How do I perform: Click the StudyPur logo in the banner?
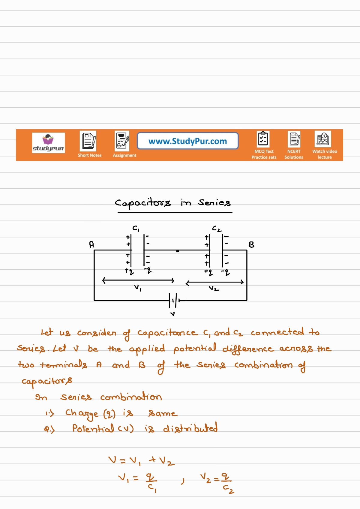(x=48, y=143)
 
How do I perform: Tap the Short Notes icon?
(x=88, y=140)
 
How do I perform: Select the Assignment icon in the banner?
(x=122, y=140)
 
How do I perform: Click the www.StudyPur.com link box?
(x=188, y=141)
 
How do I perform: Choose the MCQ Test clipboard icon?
(x=263, y=139)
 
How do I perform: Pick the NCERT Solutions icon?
(x=294, y=139)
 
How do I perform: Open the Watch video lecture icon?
(x=323, y=139)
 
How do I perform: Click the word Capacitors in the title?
(x=143, y=203)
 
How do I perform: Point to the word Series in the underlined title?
(x=214, y=203)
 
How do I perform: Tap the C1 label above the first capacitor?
(x=136, y=229)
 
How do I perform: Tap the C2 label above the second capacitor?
(x=217, y=229)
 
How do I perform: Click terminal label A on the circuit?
(x=91, y=244)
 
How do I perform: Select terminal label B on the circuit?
(x=251, y=245)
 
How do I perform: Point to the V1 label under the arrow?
(x=138, y=288)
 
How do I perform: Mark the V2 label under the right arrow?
(x=214, y=289)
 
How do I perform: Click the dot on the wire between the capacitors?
(x=178, y=251)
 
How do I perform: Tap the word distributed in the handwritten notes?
(x=190, y=428)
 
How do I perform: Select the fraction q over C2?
(x=227, y=483)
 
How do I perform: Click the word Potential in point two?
(x=93, y=428)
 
